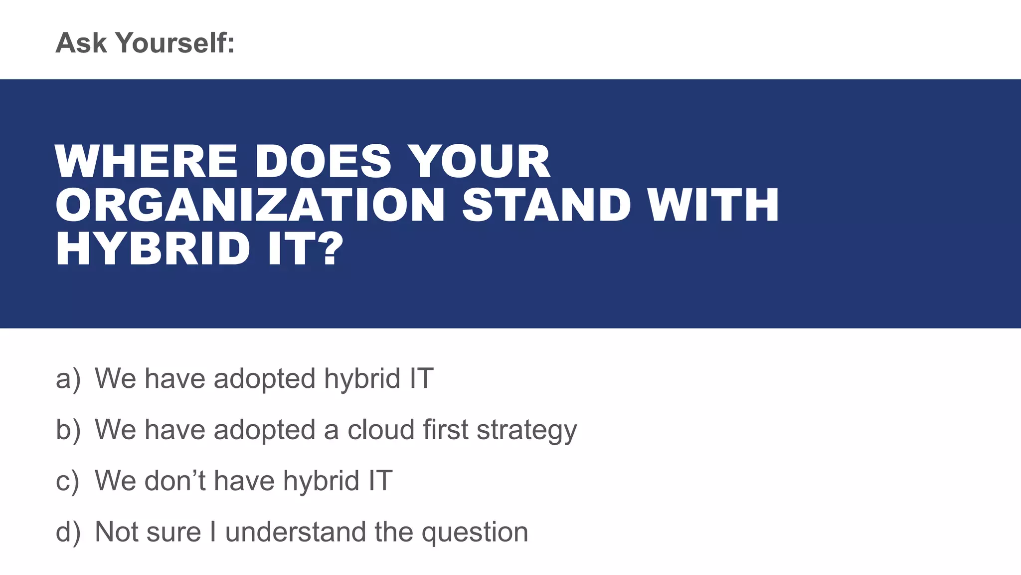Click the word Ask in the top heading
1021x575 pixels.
[81, 43]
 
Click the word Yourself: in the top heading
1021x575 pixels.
[175, 43]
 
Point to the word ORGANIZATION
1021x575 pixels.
[250, 205]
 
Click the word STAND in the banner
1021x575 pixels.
[546, 205]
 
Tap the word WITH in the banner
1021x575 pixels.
[713, 205]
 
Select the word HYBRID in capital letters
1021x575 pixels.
[153, 249]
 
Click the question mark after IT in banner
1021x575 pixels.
[331, 249]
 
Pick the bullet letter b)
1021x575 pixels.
[68, 430]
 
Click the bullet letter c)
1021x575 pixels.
[68, 481]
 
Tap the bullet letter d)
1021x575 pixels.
[68, 532]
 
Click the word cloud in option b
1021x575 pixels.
[380, 430]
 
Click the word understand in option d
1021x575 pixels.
[295, 532]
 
